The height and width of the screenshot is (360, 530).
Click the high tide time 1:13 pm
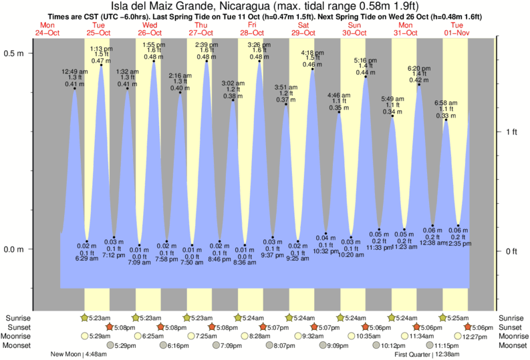tap(101, 49)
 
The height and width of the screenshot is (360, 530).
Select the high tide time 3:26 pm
tap(259, 45)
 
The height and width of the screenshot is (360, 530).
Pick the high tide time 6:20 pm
tap(418, 68)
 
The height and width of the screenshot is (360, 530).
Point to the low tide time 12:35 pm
tap(458, 244)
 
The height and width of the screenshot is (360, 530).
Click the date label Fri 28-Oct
tap(251, 29)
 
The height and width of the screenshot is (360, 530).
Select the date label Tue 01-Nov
tap(456, 29)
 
